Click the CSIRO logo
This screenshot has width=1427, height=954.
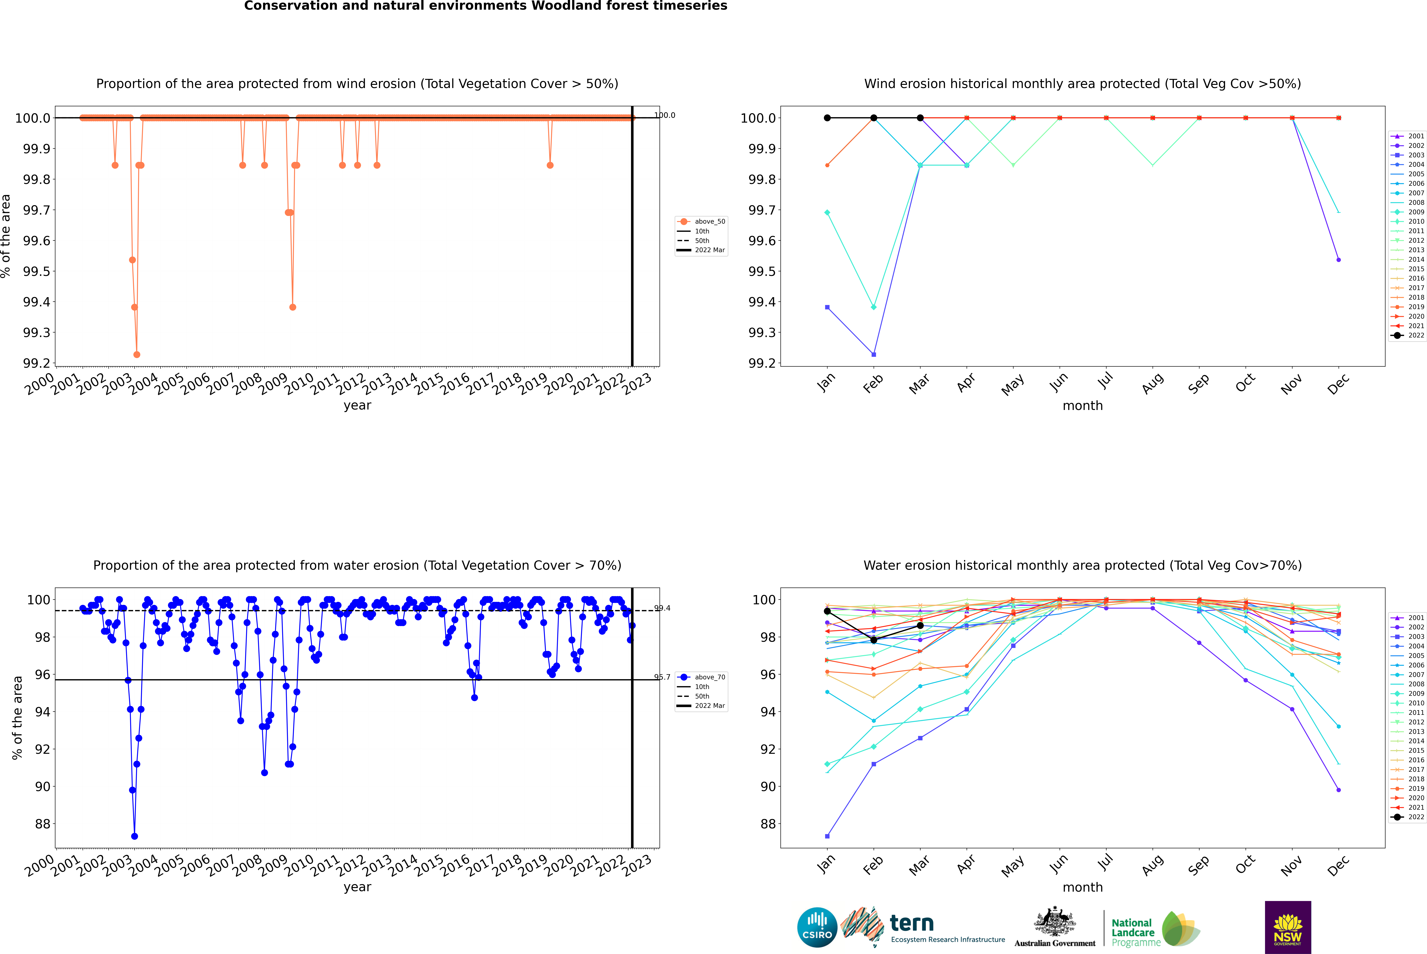[x=817, y=927]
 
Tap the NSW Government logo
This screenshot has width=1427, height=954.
[x=1288, y=927]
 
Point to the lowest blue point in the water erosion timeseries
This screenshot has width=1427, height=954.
[x=134, y=836]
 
